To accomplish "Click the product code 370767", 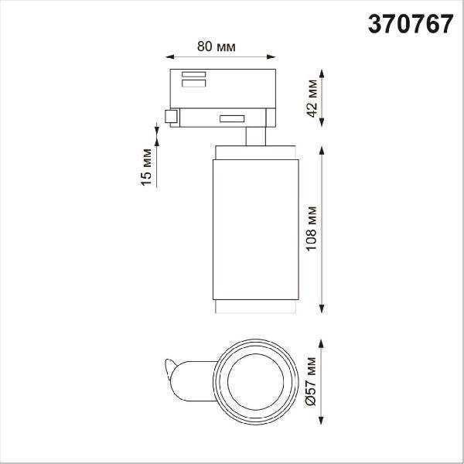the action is coord(411,24).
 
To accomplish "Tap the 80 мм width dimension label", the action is coord(217,46).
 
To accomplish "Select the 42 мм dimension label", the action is coord(312,98).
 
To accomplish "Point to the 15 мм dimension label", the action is coord(146,167).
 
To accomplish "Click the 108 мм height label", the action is coord(312,228).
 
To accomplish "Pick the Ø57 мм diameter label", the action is coord(312,381).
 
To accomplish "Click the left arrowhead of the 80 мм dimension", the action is coord(170,56).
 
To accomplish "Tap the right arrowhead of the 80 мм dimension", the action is coord(271,56).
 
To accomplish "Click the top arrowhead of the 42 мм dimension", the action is coord(322,73).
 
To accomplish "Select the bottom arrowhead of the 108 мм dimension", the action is coord(322,309).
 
